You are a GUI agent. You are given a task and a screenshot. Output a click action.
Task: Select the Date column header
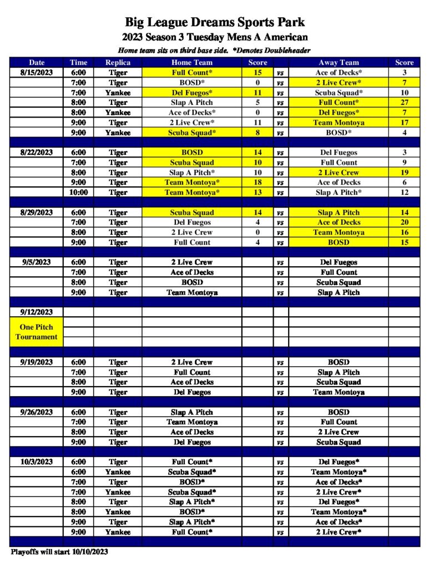pos(37,63)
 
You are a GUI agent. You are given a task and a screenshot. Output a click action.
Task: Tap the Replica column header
pos(118,63)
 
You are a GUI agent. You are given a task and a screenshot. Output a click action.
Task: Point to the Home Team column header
pos(192,63)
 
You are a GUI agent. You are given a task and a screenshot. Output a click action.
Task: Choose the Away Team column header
pos(339,63)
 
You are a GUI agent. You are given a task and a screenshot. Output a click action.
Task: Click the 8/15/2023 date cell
pos(37,73)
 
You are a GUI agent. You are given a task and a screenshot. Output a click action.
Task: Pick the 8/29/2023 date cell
pos(37,212)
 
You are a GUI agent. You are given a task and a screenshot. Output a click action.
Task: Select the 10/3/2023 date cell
pos(37,462)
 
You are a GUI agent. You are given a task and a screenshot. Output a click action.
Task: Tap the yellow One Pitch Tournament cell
pos(37,332)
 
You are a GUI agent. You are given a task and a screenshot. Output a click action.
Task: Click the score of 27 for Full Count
pos(404,103)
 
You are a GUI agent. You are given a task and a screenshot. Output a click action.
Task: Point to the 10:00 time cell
pos(78,192)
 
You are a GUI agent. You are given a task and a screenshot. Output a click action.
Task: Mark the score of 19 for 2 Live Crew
pos(404,173)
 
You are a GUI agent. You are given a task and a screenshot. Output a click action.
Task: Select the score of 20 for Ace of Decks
pos(404,222)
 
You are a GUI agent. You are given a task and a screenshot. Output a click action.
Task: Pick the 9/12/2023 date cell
pos(37,312)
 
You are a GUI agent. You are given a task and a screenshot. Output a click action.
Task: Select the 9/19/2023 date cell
pos(37,362)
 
